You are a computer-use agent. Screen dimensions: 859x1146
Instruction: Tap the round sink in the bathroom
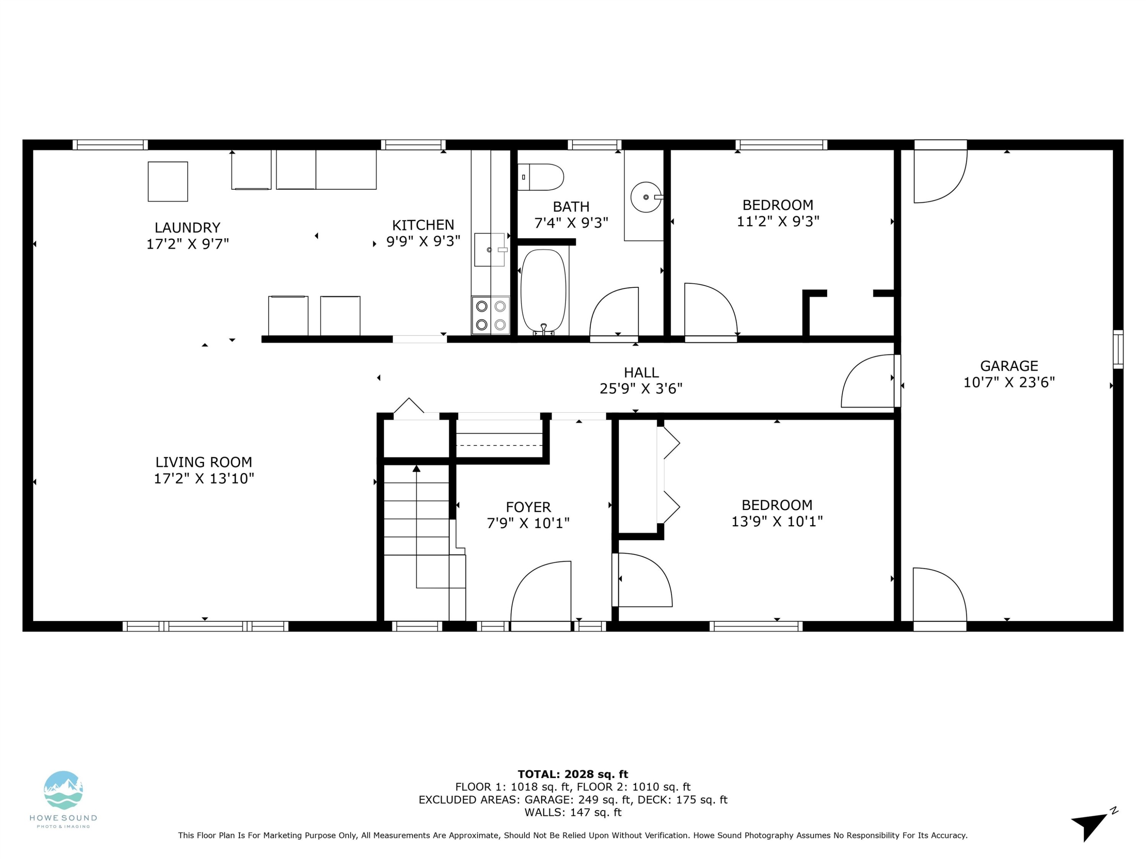tap(646, 197)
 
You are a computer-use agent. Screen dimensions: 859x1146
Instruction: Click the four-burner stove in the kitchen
tap(490, 315)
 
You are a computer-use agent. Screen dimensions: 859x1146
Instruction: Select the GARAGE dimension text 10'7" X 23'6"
tap(1009, 382)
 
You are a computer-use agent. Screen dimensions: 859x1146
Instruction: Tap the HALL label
tap(641, 372)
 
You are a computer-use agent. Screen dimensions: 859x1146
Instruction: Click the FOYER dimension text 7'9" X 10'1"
tap(528, 523)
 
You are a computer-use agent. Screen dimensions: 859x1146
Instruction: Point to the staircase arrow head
tap(416, 468)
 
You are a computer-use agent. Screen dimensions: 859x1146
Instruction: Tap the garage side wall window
tap(1118, 349)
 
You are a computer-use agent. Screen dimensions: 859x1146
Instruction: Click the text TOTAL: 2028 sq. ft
tap(573, 774)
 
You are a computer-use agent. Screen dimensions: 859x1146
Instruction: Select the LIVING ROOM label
tap(204, 462)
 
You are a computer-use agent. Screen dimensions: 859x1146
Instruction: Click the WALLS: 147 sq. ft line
tap(573, 812)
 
